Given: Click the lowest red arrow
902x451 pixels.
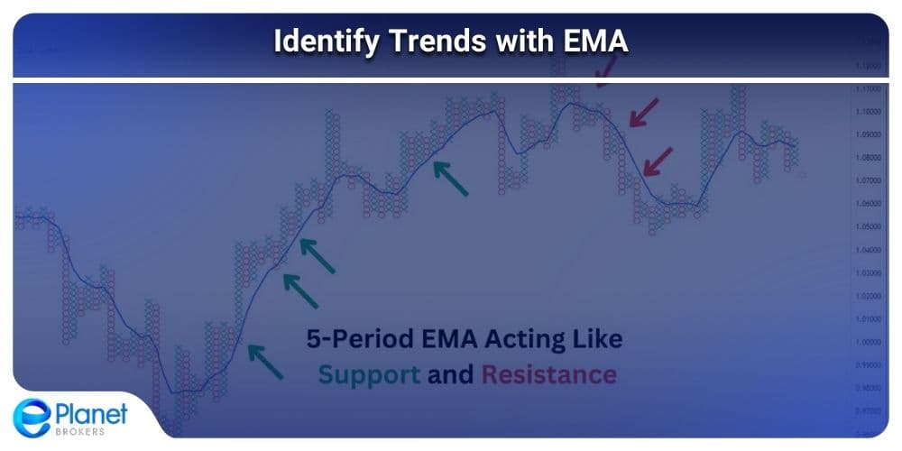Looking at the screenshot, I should [658, 161].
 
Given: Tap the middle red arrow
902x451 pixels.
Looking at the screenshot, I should [643, 114].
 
